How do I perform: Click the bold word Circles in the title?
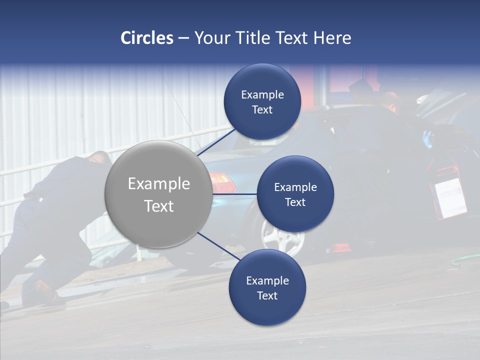click(x=146, y=38)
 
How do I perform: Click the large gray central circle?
click(x=158, y=194)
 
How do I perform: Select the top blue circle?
click(x=262, y=102)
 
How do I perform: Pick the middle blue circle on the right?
click(x=295, y=194)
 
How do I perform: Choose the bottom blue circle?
click(x=267, y=288)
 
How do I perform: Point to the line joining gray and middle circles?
click(x=234, y=194)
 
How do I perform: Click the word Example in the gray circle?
click(x=158, y=184)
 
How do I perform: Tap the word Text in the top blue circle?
click(x=262, y=110)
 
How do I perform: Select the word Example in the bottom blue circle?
click(x=267, y=280)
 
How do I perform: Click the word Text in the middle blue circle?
click(x=295, y=202)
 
